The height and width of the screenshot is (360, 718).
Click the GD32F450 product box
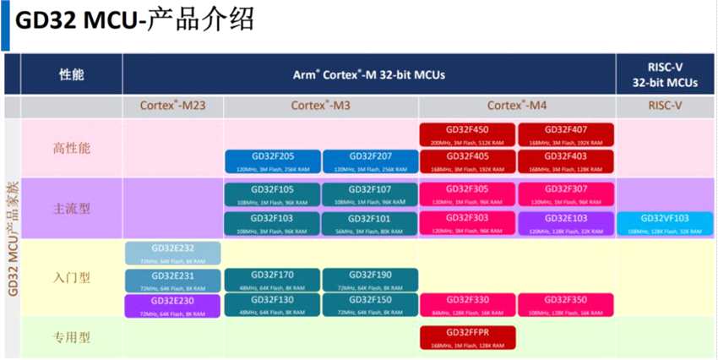(467, 134)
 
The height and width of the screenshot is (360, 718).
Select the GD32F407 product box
(566, 134)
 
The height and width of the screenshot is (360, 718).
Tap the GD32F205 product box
(273, 161)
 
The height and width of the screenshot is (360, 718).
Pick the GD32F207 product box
(370, 161)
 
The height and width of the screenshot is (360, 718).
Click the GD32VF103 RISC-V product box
(665, 223)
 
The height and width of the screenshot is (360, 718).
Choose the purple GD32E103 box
(566, 223)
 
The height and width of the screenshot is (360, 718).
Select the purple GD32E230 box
(172, 305)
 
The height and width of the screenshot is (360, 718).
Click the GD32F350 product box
(566, 305)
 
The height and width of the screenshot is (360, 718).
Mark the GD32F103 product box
(273, 223)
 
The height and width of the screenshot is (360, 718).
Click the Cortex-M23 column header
(172, 106)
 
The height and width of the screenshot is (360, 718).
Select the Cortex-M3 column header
(320, 106)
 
